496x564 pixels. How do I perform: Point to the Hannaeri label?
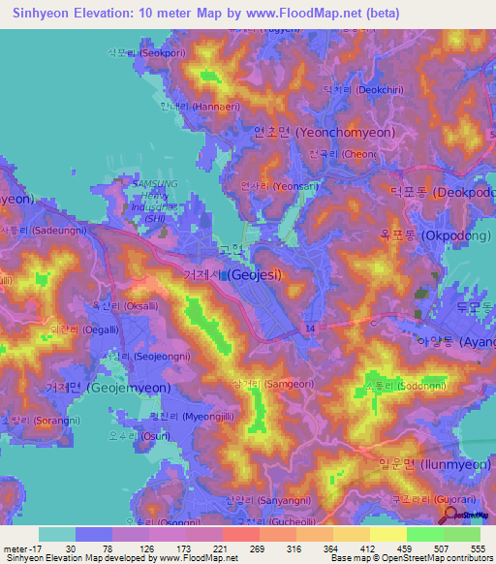tap(194, 106)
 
